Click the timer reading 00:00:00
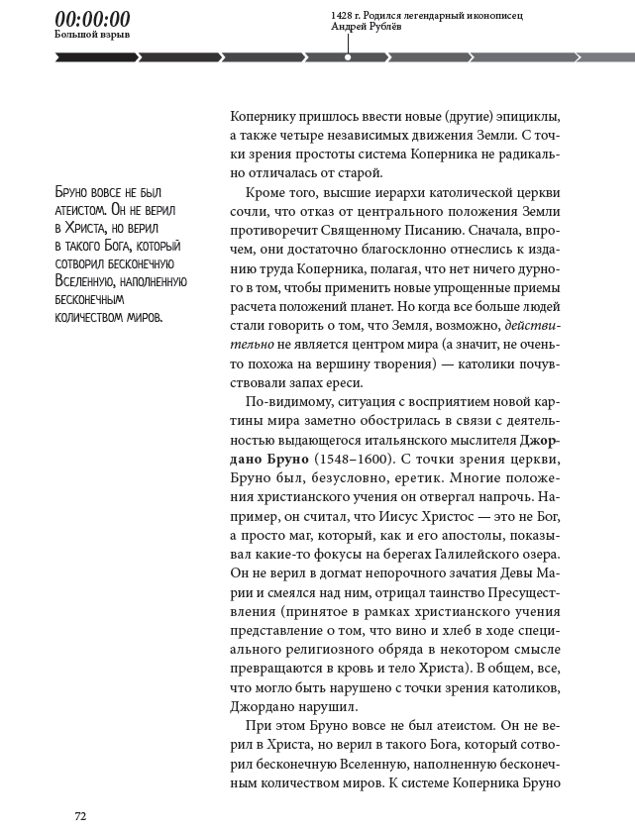pos(92,19)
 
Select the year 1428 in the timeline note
pos(345,16)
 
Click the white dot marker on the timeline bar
pos(347,57)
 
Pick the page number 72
pos(80,815)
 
